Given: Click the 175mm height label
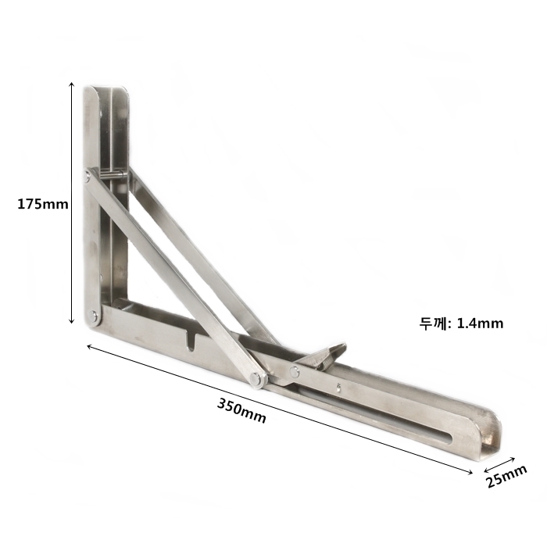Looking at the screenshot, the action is coord(43,204).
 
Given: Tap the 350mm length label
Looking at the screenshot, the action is coord(241,410).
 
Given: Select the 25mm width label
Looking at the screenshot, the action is coord(506,476).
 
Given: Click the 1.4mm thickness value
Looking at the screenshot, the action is coord(480,324).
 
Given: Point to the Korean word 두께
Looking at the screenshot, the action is coord(433,324).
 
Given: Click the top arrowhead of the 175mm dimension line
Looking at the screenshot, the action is coord(72,84).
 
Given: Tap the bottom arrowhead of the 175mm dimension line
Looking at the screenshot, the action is coord(72,320).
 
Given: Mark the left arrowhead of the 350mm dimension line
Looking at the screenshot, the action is coord(89,346).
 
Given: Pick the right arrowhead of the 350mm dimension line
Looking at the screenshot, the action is coord(470,472).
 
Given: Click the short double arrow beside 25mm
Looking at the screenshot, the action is coord(499,464).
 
